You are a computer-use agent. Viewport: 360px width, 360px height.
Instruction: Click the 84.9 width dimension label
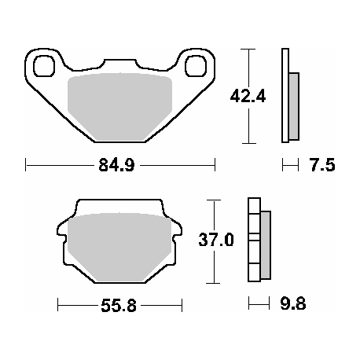pos(116,165)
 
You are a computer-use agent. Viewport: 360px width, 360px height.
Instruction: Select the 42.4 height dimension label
pos(248,96)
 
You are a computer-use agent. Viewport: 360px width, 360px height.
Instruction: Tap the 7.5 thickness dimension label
pos(322,165)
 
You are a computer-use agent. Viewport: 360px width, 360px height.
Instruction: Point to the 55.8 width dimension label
pos(119,306)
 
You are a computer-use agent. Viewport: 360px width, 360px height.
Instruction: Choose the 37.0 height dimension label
pos(216,240)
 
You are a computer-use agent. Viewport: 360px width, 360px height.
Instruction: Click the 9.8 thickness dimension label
pos(293,304)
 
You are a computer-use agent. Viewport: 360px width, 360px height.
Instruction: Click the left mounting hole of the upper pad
pos(44,66)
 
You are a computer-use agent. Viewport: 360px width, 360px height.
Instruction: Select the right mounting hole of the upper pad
pos(196,66)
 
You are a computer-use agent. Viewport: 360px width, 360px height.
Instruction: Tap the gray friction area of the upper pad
pos(119,106)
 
